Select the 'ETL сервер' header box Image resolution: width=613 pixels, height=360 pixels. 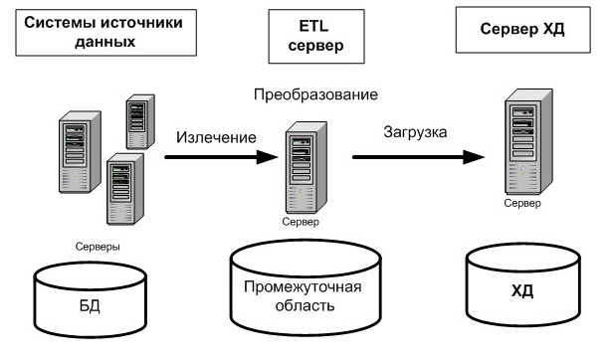pyautogui.click(x=307, y=36)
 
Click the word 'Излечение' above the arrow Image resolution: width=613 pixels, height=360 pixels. pyautogui.click(x=217, y=136)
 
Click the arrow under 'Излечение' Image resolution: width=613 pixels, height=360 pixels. pyautogui.click(x=219, y=157)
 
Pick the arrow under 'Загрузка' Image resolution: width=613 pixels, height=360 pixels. pyautogui.click(x=417, y=157)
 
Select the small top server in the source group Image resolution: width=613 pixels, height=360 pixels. pyautogui.click(x=137, y=119)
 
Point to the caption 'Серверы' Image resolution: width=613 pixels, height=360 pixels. pyautogui.click(x=98, y=243)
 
